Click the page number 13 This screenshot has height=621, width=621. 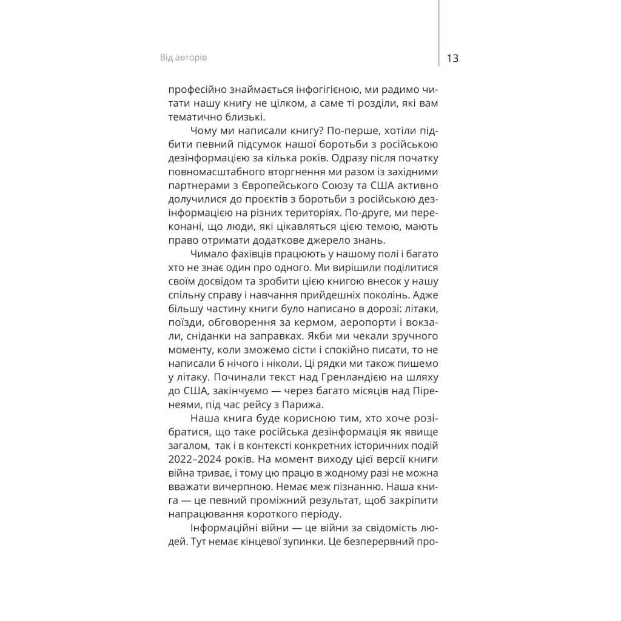[452, 58]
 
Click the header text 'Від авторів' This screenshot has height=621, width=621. [183, 58]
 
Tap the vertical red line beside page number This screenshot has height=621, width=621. [438, 30]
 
